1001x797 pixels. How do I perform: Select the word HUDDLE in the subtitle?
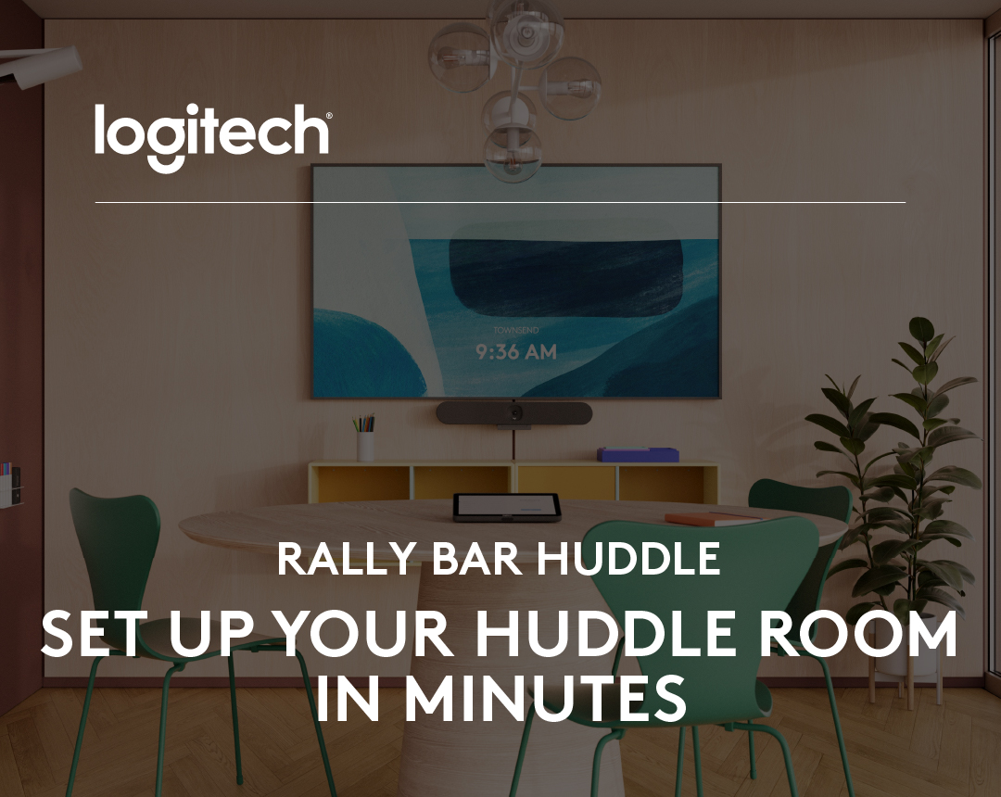tap(629, 559)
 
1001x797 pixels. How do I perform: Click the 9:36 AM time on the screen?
tap(516, 352)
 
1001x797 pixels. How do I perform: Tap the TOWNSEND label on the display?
tap(516, 330)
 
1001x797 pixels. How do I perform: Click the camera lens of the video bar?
tap(515, 412)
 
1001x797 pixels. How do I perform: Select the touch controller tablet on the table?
tap(506, 507)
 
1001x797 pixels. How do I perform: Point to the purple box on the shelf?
tap(638, 454)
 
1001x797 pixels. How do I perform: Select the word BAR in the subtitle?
tap(462, 559)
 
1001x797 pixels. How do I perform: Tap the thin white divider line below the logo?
tap(500, 202)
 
